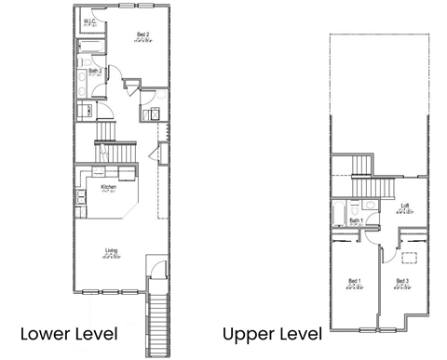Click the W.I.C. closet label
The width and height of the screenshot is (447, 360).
pos(91,20)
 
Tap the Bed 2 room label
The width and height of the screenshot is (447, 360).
pos(142,35)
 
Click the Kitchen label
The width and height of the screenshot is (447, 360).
pos(109,188)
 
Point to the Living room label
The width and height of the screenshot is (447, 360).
pos(111,250)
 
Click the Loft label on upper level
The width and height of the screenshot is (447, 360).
pos(404,207)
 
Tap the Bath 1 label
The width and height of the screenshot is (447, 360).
pos(355,221)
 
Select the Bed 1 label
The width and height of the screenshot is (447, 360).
pos(355,282)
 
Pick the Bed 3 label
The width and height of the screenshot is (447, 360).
pos(402,282)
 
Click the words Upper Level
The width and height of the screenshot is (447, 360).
pos(272,333)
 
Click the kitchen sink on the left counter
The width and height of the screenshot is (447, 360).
pos(81,194)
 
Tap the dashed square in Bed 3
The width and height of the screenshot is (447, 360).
pos(409,260)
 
